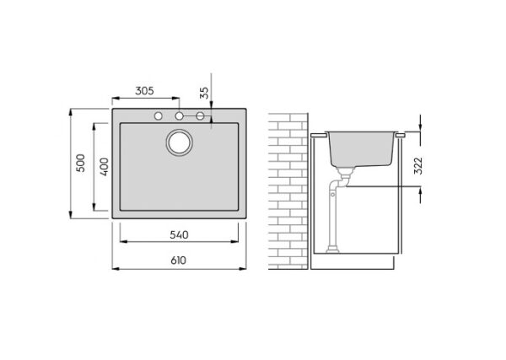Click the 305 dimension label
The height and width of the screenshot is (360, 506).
click(x=144, y=91)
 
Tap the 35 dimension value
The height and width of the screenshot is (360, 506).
click(x=204, y=93)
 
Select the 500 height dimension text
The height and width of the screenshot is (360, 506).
click(x=81, y=163)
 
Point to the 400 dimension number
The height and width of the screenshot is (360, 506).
click(x=104, y=167)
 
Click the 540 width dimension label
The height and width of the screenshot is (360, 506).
click(x=179, y=235)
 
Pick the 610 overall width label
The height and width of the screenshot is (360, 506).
click(x=179, y=261)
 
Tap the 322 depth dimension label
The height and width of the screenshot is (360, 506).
click(x=418, y=166)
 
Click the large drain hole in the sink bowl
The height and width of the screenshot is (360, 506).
click(x=180, y=142)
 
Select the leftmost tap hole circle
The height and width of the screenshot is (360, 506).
click(x=159, y=116)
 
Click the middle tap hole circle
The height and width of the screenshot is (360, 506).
click(x=179, y=116)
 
